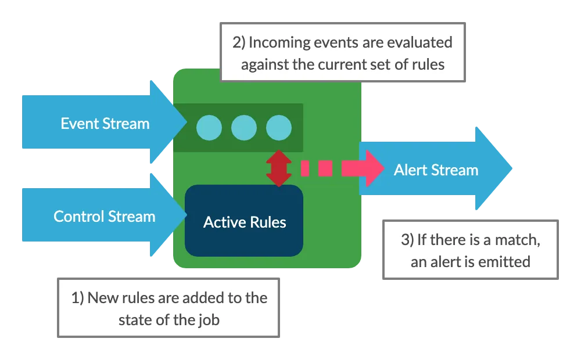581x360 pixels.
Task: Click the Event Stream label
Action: point(105,124)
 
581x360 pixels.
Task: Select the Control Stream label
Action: point(105,217)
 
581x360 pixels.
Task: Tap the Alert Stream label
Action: point(436,170)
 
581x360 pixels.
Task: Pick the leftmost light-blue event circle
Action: point(209,128)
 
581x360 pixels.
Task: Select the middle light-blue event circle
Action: point(243,128)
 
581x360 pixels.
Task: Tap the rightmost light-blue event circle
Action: point(278,128)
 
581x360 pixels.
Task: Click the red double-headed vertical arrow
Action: point(279,168)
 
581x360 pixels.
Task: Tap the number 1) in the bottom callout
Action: point(78,298)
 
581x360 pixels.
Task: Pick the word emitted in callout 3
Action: point(504,262)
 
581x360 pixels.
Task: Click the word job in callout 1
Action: point(208,319)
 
